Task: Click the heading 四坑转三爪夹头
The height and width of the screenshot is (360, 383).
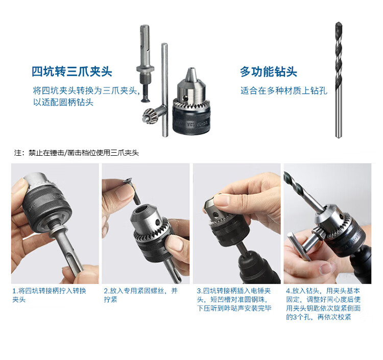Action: [x=71, y=71]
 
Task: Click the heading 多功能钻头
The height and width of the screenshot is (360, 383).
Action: [x=268, y=71]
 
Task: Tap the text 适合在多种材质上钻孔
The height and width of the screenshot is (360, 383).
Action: [x=284, y=90]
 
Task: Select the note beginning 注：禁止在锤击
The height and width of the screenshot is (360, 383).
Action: [x=77, y=153]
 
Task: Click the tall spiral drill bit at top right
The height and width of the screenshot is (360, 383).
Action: [x=339, y=80]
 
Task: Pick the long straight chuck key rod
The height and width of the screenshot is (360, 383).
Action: [x=165, y=90]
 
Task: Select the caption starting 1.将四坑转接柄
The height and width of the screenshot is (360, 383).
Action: [x=50, y=295]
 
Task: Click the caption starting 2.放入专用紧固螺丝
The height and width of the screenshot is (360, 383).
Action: [x=141, y=295]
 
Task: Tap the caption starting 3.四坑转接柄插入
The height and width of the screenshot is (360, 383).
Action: [x=234, y=299]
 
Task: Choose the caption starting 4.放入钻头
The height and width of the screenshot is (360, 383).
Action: [x=323, y=304]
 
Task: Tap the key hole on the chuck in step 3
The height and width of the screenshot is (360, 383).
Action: [x=215, y=215]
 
